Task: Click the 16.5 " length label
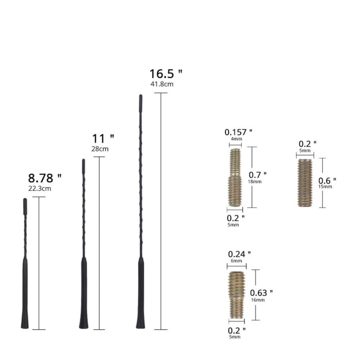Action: point(166,74)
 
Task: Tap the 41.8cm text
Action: point(162,84)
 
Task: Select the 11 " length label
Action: point(103,139)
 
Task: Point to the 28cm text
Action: point(100,149)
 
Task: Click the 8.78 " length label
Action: point(45,178)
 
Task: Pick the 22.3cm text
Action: point(40,188)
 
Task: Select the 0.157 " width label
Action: point(238,132)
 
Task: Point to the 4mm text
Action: point(236,139)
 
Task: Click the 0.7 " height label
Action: point(258,175)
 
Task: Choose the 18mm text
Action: point(255,182)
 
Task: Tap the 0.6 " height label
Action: point(328,180)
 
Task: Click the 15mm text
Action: point(325,186)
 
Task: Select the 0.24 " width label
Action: point(239,254)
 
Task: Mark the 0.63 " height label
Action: point(261,293)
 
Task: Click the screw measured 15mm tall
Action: point(305,183)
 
